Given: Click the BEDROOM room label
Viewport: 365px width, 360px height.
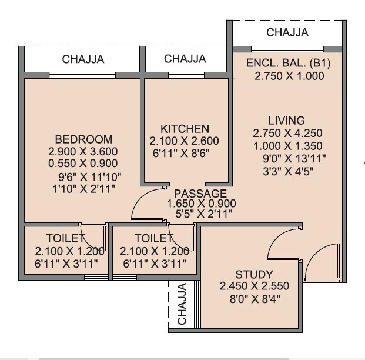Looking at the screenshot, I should click(x=83, y=139).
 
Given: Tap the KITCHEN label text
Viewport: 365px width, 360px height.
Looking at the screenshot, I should click(x=185, y=129).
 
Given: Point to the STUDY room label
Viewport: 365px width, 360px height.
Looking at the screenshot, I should click(x=254, y=274).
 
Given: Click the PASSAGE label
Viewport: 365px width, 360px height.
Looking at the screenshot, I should click(x=200, y=193).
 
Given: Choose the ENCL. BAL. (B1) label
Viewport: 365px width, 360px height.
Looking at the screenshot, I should click(x=289, y=64).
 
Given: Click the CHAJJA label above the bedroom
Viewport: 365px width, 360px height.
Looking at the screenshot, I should click(x=83, y=59).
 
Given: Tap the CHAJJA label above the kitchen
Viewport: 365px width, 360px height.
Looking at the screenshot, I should click(x=185, y=59).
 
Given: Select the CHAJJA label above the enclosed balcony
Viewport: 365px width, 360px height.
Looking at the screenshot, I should click(x=287, y=32).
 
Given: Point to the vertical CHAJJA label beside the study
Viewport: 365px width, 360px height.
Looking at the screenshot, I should click(x=182, y=304).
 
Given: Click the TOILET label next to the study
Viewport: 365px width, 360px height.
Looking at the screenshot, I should click(x=154, y=238).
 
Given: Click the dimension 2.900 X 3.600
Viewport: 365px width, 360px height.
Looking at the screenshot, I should click(x=83, y=152).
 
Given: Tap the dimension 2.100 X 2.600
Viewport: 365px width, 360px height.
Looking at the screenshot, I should click(x=185, y=141).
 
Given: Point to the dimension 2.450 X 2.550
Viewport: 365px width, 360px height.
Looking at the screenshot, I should click(x=254, y=286).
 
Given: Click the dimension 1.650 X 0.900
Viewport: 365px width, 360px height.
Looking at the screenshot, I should click(x=201, y=204).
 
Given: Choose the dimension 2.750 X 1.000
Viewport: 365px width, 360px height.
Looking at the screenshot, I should click(x=289, y=76).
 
